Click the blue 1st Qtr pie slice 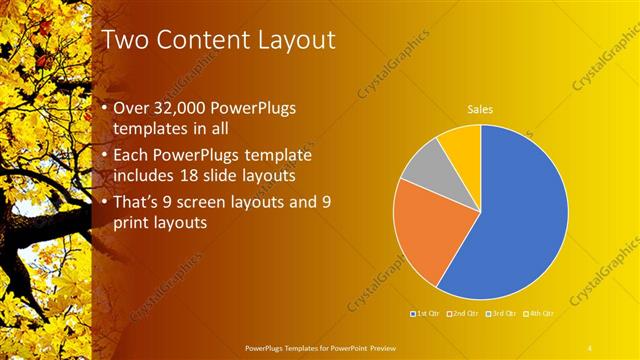[x=520, y=220]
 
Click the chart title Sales [x=480, y=109]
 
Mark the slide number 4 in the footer [x=590, y=347]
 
